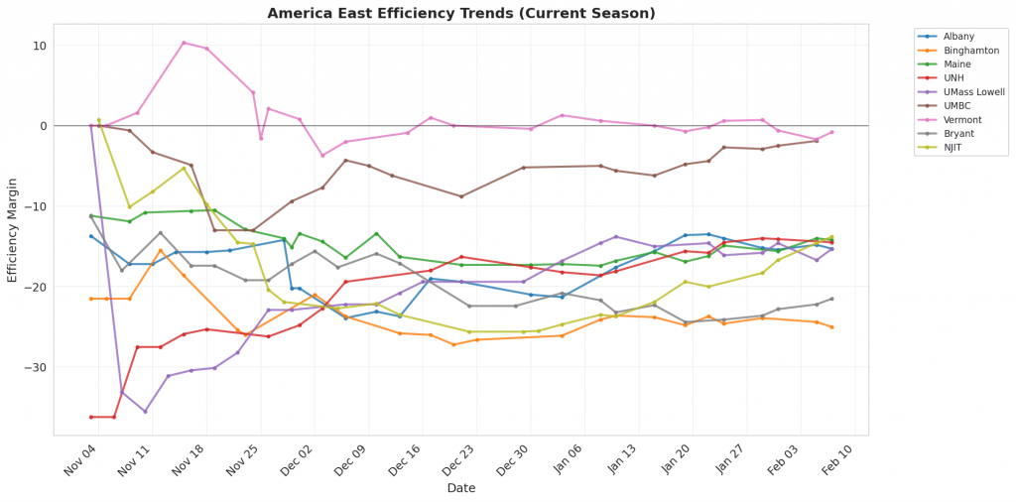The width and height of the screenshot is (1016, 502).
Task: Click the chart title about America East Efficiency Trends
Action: click(461, 13)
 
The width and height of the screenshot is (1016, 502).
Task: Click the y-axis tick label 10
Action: click(39, 46)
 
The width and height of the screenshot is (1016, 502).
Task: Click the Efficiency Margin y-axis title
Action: click(13, 229)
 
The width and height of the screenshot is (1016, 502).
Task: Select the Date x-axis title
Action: click(461, 488)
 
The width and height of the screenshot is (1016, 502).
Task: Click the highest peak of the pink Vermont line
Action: click(184, 43)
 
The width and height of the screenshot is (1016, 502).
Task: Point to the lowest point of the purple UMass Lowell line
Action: click(145, 412)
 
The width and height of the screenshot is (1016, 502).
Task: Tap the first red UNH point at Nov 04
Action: click(91, 417)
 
